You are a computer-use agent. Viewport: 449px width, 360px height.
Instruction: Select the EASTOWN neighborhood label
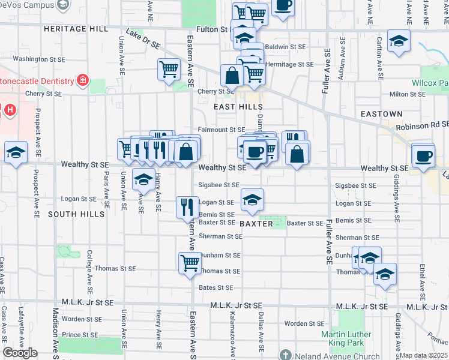(381, 114)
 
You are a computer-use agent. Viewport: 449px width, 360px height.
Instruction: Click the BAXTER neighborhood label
(256, 224)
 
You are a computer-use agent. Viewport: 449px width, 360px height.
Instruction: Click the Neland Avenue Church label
(333, 356)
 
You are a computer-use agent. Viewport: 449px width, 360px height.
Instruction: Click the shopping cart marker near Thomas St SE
(190, 262)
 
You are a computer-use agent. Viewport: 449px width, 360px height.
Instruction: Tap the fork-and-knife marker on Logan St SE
(187, 206)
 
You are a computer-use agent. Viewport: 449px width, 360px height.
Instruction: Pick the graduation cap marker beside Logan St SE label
(253, 200)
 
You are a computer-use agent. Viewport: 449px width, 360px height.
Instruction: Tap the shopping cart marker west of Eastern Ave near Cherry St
(169, 68)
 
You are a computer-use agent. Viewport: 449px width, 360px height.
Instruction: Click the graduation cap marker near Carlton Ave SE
(399, 41)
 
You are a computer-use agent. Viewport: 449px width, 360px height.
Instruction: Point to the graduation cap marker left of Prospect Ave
(16, 152)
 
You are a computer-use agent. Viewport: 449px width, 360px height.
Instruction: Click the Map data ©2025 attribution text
(424, 355)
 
